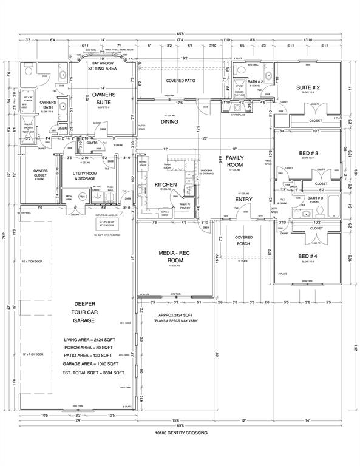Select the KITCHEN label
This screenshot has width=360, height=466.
(x=165, y=184)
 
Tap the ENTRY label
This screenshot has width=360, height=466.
(x=243, y=199)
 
